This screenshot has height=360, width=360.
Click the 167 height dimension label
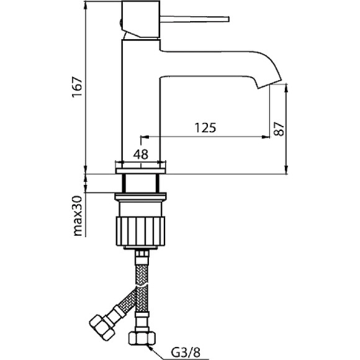pos(77,88)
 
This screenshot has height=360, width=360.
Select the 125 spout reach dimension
pos(205,128)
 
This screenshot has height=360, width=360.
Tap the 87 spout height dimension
pos(279,129)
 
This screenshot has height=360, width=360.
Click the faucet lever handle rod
pos(194,19)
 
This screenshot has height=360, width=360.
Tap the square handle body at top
pos(140,19)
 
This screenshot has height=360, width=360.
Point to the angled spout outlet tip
pos(269,83)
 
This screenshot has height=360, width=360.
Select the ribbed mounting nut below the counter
pos(140,231)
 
